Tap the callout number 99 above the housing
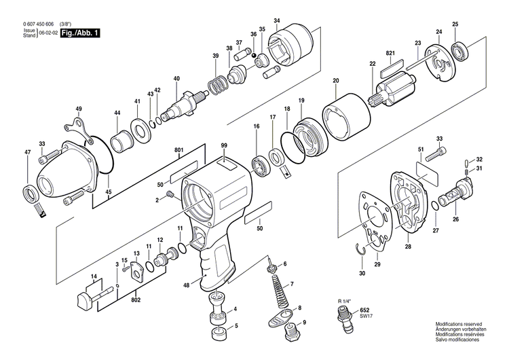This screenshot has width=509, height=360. pos(224,145)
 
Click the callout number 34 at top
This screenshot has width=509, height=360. pos(276,21)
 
